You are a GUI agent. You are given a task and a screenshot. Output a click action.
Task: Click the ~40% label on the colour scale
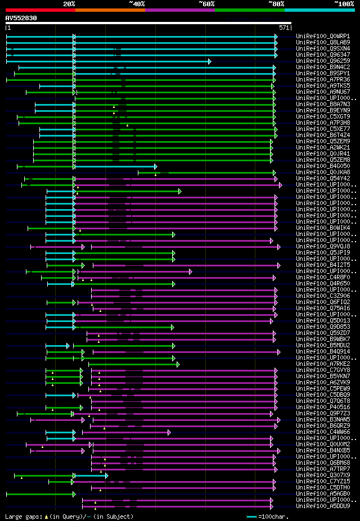(137, 4)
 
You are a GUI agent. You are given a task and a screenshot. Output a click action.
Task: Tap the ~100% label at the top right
(344, 4)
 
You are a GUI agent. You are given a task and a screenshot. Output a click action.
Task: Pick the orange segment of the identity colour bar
(110, 10)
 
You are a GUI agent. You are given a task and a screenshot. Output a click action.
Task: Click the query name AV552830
(21, 18)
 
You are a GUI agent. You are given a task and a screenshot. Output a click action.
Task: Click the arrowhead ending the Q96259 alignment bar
(209, 61)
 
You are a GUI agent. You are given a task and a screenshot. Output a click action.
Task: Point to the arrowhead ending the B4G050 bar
(156, 166)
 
